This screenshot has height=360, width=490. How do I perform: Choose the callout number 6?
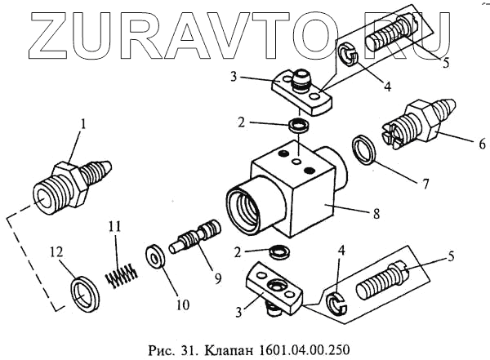pyautogui.click(x=472, y=140)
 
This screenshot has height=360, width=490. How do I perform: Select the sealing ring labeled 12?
pyautogui.click(x=81, y=291)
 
